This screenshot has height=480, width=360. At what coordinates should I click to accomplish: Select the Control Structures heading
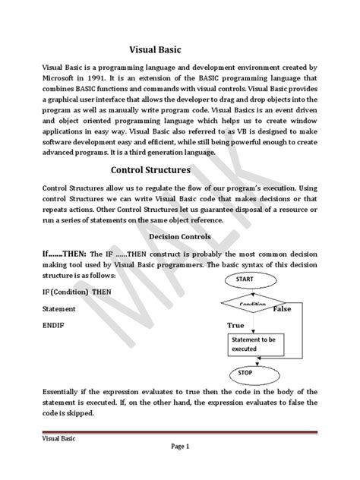coord(161,169)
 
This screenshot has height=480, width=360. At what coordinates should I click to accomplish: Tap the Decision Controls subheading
coord(179,235)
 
